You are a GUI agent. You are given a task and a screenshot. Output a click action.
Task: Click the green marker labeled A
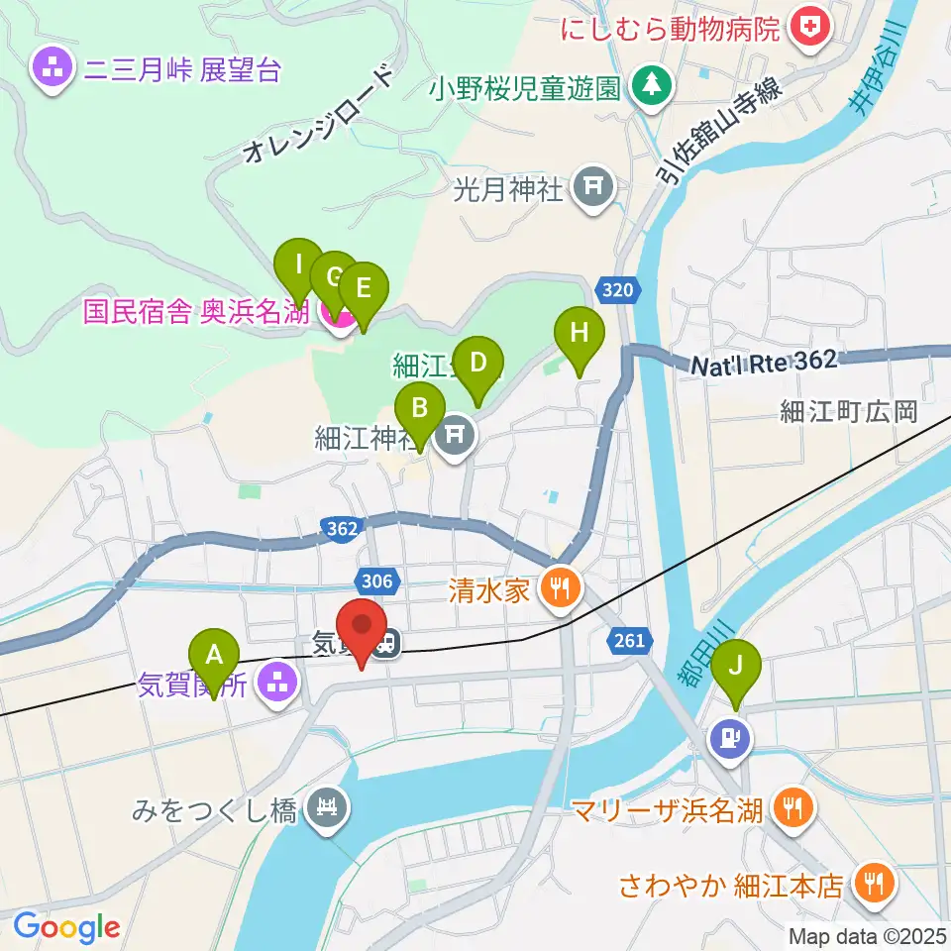[x=213, y=656]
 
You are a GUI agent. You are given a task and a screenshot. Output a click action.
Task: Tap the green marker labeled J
[x=734, y=666]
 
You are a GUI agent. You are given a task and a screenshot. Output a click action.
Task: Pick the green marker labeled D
[x=477, y=364]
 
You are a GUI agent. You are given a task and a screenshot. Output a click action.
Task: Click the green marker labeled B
[x=419, y=409]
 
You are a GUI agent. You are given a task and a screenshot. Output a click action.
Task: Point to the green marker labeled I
[x=298, y=265]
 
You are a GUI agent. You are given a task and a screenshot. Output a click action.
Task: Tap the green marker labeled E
[x=363, y=289]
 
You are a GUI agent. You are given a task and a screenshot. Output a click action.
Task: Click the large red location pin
[x=362, y=626]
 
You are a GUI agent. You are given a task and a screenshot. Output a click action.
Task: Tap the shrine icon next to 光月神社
[x=593, y=185]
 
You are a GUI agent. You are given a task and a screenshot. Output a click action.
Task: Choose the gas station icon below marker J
[x=730, y=738]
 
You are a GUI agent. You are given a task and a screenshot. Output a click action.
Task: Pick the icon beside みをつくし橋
[x=326, y=809]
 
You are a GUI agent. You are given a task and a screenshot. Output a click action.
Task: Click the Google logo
[x=66, y=927]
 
